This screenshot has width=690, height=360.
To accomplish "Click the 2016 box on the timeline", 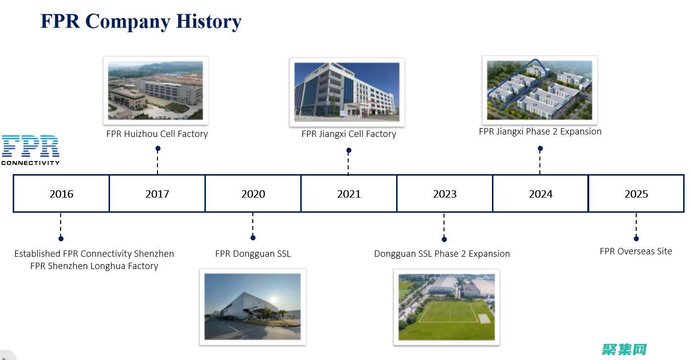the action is coord(61,194).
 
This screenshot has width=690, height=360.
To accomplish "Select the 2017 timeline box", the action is coord(157,194).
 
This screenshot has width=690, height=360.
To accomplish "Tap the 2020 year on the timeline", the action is coord(253,194).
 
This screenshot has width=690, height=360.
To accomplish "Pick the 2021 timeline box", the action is coord(349,194).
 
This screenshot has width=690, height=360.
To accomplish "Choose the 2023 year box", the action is coord(445,194).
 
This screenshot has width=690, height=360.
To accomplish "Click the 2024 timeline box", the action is coord(540,194).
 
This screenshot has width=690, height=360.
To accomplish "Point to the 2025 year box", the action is coord(636,194).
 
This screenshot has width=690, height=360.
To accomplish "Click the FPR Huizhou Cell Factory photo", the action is coord(156,90).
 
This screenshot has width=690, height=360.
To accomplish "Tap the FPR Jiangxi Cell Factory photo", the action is coord(347,92).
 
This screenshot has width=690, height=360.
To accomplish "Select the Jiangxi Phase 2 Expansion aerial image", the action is coord(539,90).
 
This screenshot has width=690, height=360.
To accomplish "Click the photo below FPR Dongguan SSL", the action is coord(253,307).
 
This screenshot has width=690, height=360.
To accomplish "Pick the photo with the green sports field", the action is coord(446,307).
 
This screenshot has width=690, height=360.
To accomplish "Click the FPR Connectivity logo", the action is coord(30,150).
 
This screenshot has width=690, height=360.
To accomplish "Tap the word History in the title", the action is coord(209,22).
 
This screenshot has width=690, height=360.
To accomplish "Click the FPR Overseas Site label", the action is coord(636,251).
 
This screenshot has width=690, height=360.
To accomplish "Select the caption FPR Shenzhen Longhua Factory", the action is coord(94,266).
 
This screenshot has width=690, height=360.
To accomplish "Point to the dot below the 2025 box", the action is coord(636,239).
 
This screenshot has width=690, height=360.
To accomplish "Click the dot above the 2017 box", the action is coord(158,149).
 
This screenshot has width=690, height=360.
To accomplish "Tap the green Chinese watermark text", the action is coord(624,350).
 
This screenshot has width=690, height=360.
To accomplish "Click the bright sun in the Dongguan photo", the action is coord(273,299).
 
